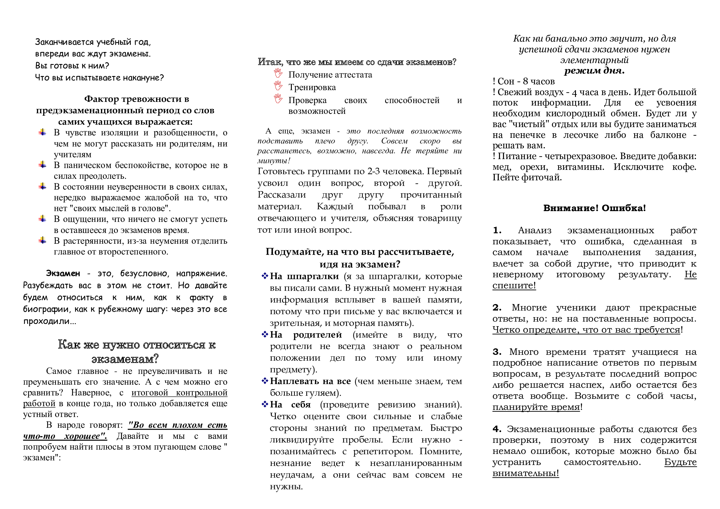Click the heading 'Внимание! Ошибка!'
(x=594, y=208)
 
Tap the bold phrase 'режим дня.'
(x=594, y=70)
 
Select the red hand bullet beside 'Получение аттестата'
(x=278, y=73)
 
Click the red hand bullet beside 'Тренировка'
(x=278, y=86)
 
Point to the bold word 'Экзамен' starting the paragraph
(x=63, y=274)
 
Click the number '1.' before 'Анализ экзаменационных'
(x=497, y=230)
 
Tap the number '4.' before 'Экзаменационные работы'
(x=497, y=429)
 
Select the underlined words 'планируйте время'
(x=536, y=407)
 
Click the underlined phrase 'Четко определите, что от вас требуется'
(x=586, y=330)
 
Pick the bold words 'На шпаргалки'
(x=304, y=276)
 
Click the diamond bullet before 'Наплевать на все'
(x=265, y=381)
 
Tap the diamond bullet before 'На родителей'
(x=265, y=335)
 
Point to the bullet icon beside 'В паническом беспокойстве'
(x=42, y=165)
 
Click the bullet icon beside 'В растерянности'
(x=42, y=241)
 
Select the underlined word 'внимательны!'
(x=525, y=473)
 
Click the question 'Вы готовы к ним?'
(x=72, y=66)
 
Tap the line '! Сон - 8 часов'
(x=524, y=82)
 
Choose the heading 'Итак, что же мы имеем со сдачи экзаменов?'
(x=357, y=62)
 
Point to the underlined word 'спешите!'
(x=514, y=286)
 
